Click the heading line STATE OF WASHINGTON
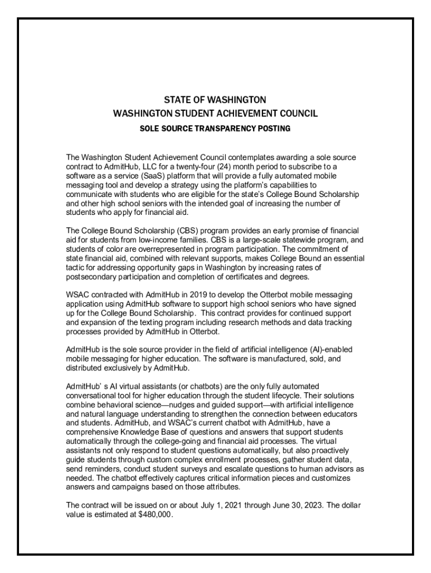click(215, 100)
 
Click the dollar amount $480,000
click(155, 515)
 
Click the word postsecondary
click(91, 276)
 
